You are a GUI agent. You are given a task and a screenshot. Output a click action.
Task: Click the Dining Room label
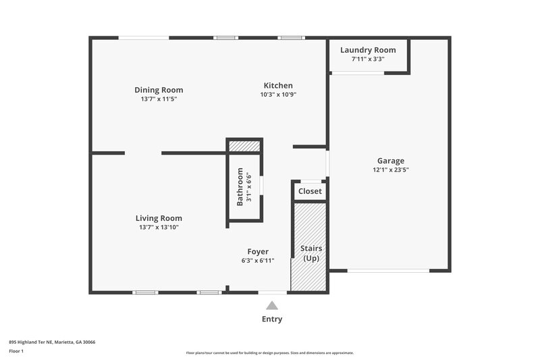[x=159, y=90]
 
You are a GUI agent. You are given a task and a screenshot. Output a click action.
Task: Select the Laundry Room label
[x=368, y=50]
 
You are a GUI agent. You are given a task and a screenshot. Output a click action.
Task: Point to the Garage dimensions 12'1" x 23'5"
[x=391, y=170]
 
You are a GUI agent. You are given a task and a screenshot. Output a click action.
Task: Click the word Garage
[x=391, y=161]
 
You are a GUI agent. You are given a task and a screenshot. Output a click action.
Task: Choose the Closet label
[x=310, y=191]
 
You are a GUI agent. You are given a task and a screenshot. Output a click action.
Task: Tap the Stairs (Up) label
[x=310, y=253]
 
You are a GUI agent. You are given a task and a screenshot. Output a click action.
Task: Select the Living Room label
[x=159, y=218]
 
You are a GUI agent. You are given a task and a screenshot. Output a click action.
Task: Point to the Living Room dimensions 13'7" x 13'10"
[x=159, y=228]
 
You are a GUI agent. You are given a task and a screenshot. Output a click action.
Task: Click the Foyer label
[x=258, y=251]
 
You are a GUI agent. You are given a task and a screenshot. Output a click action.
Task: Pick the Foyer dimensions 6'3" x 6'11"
[x=258, y=261]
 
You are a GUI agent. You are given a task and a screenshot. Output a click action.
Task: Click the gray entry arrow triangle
[x=272, y=305]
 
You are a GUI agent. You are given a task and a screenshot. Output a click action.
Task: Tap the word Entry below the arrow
[x=272, y=319]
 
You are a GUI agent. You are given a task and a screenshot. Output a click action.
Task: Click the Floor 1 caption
[x=16, y=351]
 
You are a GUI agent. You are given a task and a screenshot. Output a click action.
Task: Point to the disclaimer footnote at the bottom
[x=270, y=353]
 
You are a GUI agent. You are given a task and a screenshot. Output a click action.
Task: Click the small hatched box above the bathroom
[x=244, y=146]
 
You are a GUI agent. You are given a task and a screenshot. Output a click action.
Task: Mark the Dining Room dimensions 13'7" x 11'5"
[x=159, y=99]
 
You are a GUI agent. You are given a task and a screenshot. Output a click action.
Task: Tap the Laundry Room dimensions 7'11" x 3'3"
[x=368, y=59]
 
